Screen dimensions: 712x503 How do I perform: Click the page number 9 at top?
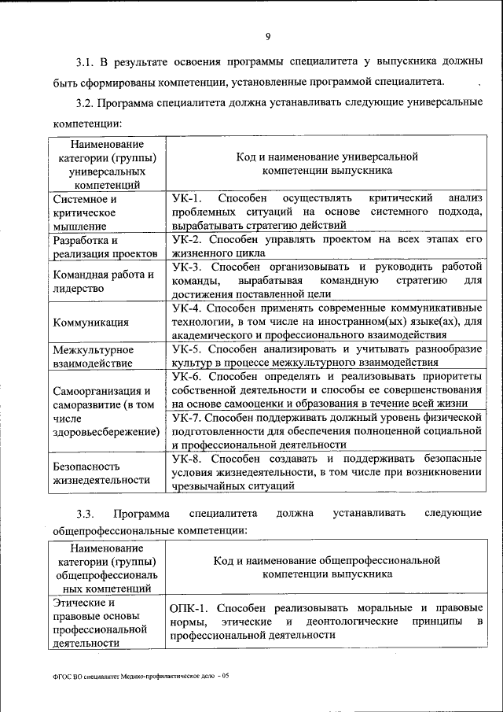tap(267, 35)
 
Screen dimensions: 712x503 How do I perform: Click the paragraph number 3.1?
tap(85, 61)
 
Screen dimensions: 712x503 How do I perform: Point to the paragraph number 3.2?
tap(85, 102)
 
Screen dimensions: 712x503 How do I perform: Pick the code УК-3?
tap(188, 267)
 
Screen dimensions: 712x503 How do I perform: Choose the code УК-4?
tap(188, 308)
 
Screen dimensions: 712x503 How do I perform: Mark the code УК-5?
tap(188, 349)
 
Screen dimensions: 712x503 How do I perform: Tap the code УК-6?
tap(188, 377)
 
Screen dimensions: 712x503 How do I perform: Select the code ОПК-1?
tap(190, 608)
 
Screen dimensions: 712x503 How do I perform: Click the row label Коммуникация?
tap(91, 323)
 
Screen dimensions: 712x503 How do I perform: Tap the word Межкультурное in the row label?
tap(93, 349)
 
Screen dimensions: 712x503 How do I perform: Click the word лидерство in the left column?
tap(79, 289)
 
